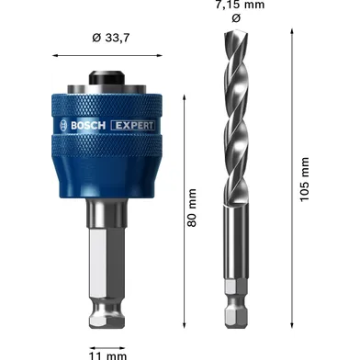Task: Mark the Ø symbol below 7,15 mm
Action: click(235, 17)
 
